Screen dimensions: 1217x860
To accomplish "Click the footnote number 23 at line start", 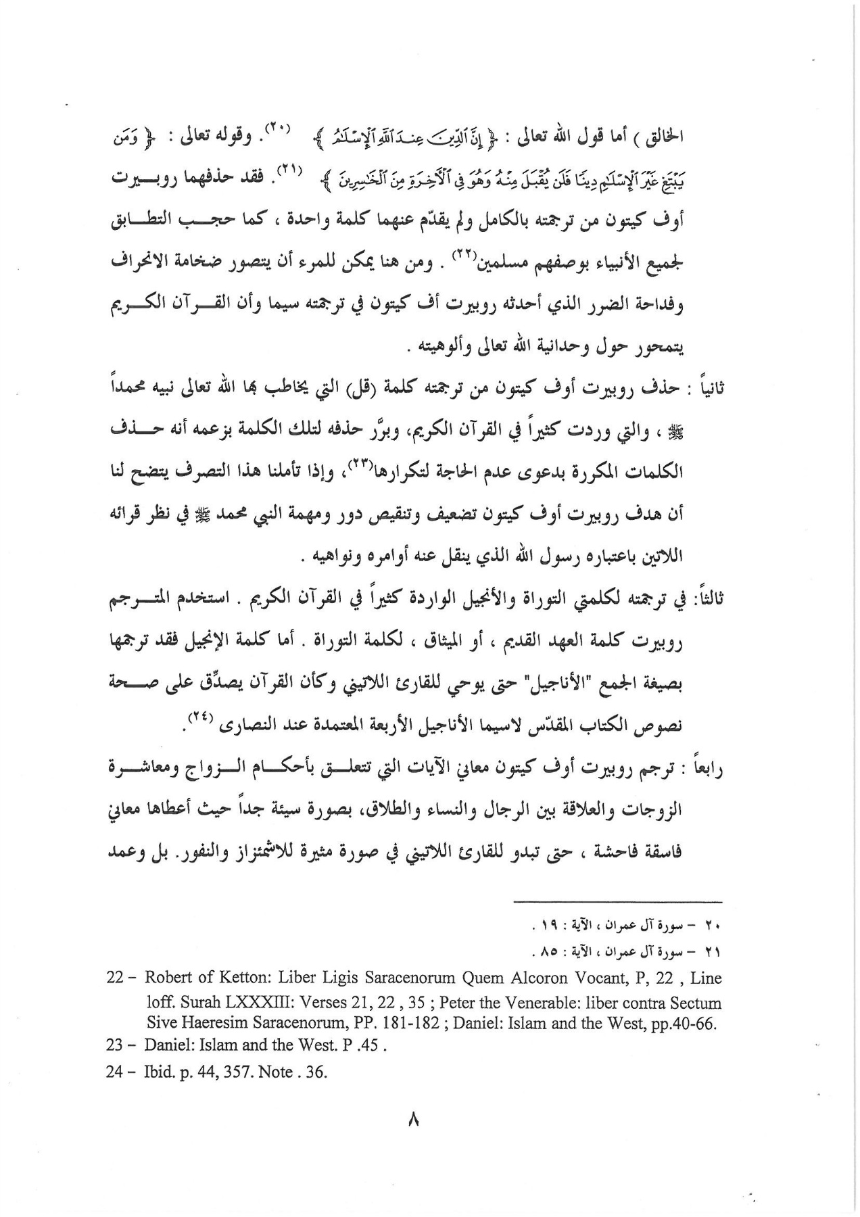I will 116,1045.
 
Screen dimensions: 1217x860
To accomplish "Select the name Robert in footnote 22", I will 168,978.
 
